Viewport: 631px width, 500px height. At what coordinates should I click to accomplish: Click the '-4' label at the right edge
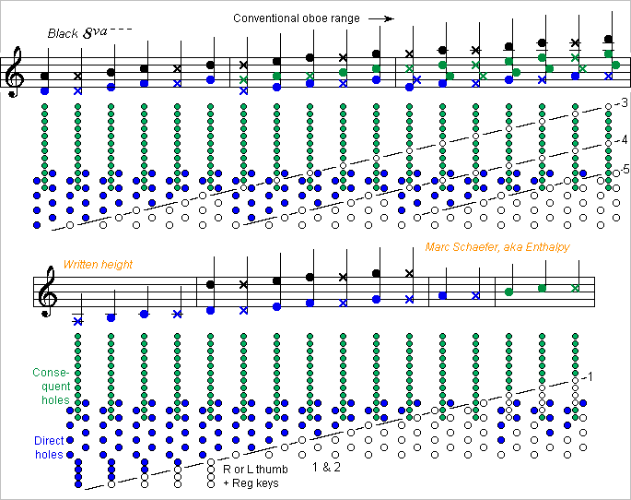point(622,139)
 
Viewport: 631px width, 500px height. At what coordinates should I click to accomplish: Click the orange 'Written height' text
point(98,265)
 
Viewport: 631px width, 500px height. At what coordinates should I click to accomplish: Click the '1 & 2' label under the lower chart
point(326,469)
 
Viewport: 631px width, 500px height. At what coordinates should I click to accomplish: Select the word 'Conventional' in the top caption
point(262,18)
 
